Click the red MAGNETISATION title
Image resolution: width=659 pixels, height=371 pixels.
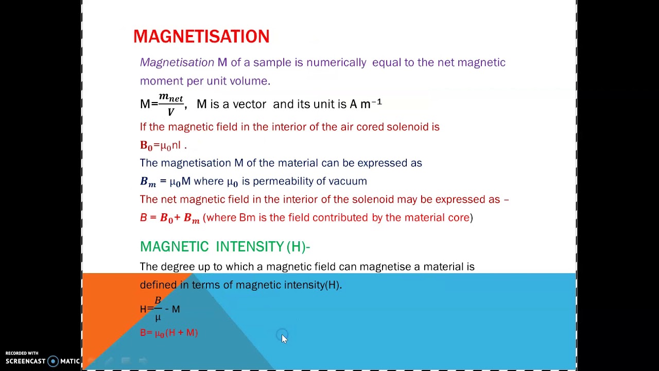201,37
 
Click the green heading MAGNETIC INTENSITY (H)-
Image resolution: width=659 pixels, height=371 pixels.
224,247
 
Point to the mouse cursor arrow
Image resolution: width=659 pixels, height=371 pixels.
284,338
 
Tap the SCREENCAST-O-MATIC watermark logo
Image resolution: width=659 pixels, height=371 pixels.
42,361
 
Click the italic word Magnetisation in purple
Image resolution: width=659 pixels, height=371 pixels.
177,62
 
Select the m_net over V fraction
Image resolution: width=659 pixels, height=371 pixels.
171,104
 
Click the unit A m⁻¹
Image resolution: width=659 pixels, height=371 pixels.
366,104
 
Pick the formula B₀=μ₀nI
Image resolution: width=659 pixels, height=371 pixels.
161,146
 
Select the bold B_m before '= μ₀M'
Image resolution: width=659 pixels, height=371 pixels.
148,181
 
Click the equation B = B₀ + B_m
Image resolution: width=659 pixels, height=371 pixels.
169,218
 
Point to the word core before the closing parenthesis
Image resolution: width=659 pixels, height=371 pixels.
458,217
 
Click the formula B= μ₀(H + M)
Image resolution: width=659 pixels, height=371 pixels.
169,333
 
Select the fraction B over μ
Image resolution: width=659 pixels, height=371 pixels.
158,309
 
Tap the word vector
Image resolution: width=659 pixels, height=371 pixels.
249,104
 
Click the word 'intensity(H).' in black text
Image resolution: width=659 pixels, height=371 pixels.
313,285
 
